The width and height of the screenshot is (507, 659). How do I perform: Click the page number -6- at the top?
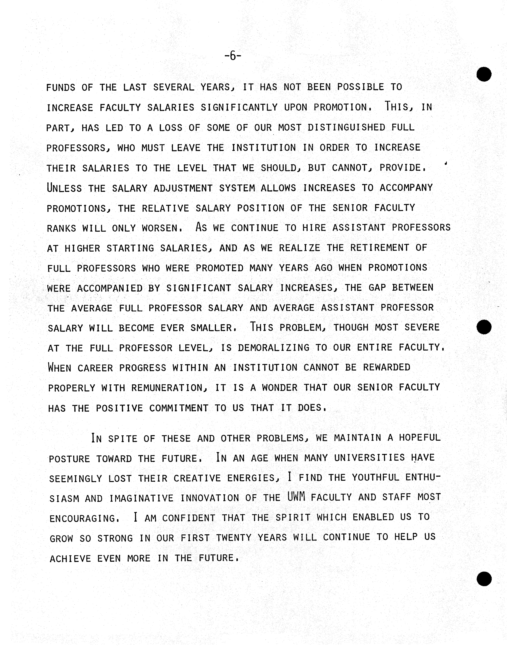pyautogui.click(x=233, y=56)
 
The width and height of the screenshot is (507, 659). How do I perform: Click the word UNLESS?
pyautogui.click(x=64, y=188)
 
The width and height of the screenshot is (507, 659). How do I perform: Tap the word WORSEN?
pyautogui.click(x=161, y=228)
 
